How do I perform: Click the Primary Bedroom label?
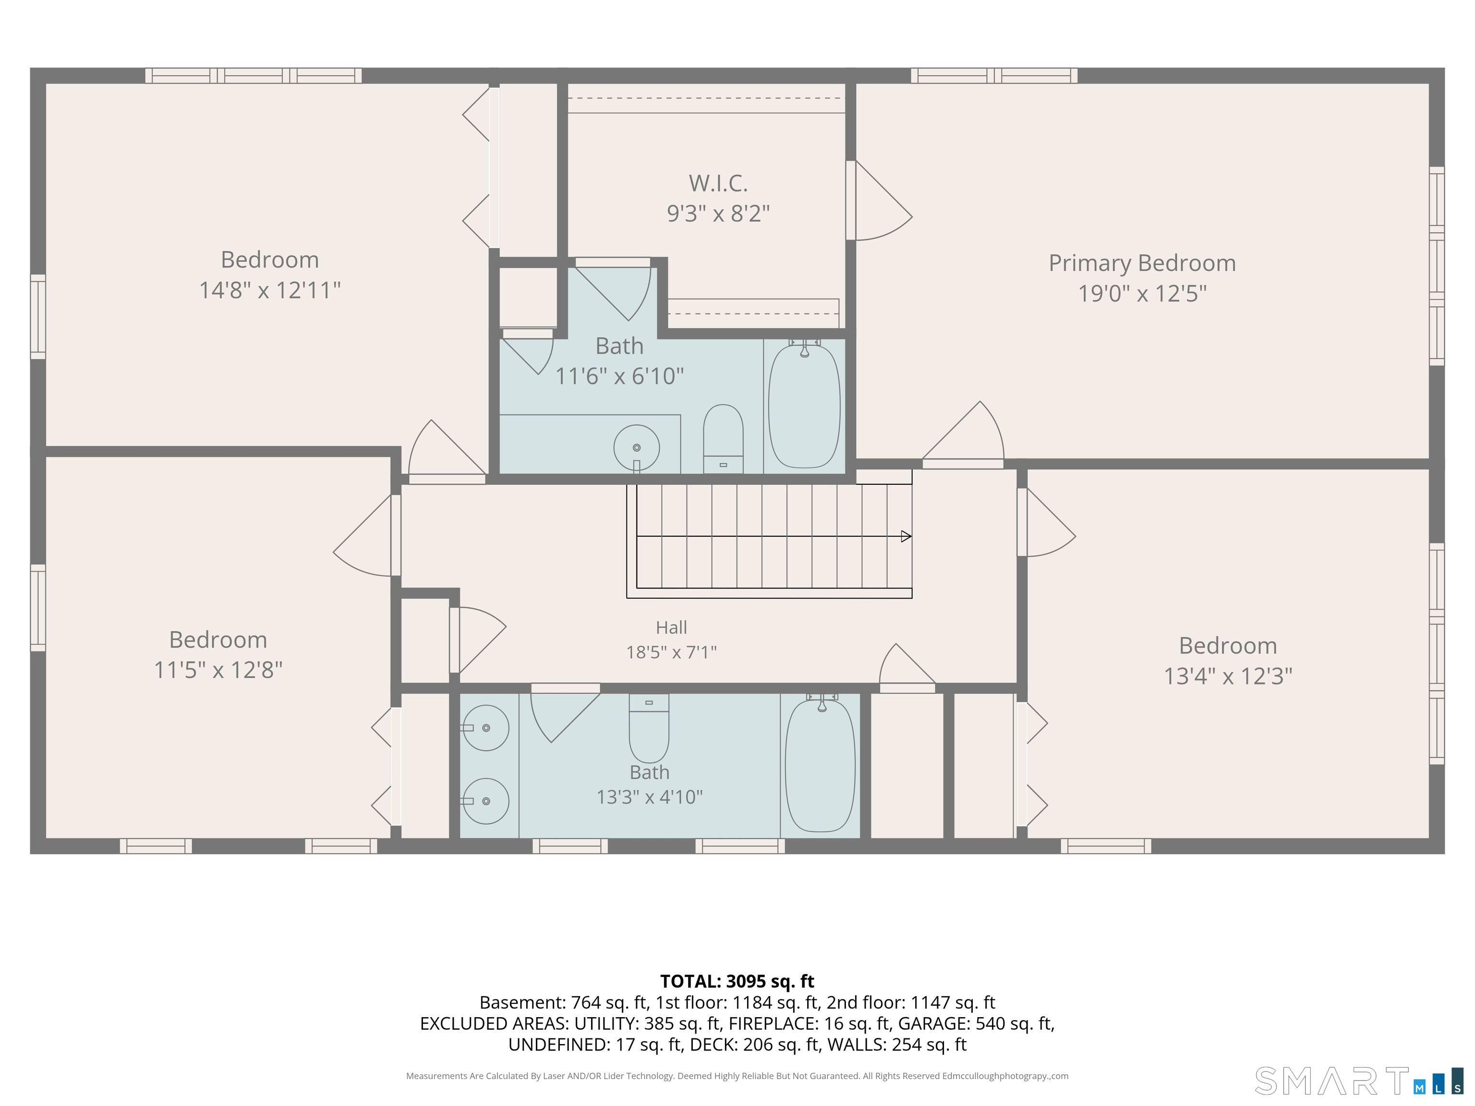pyautogui.click(x=1142, y=264)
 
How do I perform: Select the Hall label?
pyautogui.click(x=672, y=627)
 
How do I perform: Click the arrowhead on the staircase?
pyautogui.click(x=906, y=536)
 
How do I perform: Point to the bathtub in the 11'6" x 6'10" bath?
pyautogui.click(x=804, y=405)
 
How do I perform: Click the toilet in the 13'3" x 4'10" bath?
pyautogui.click(x=649, y=728)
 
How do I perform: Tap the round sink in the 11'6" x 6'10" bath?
pyautogui.click(x=637, y=447)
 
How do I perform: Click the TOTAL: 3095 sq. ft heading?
pyautogui.click(x=737, y=981)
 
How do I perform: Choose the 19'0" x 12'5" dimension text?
pyautogui.click(x=1142, y=294)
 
